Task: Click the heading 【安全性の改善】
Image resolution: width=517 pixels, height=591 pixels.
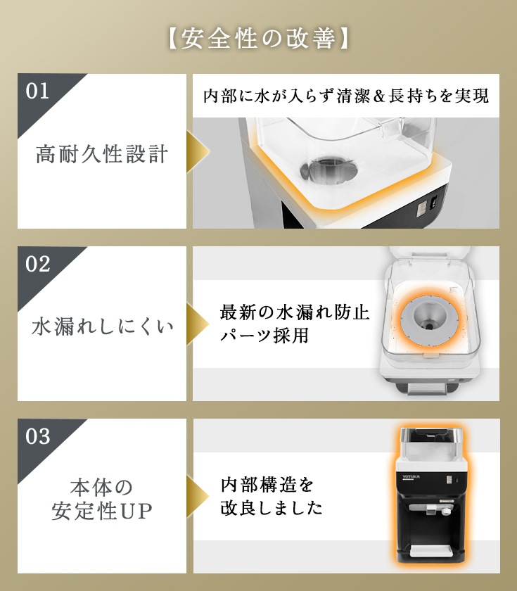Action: click(259, 38)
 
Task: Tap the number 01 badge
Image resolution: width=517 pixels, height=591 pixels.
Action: click(37, 91)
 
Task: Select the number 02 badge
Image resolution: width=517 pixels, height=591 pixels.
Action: click(38, 264)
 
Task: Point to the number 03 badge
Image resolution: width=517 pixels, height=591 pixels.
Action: click(38, 436)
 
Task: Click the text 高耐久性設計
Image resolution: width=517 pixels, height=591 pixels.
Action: click(102, 154)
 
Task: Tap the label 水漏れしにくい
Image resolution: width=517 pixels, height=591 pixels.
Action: click(103, 326)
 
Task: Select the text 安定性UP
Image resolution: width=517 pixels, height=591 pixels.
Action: click(102, 511)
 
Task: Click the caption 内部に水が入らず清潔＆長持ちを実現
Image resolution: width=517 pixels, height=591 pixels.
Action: click(346, 96)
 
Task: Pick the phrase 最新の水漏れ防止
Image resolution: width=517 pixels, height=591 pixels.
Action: click(295, 312)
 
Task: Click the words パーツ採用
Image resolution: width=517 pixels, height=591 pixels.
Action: click(264, 335)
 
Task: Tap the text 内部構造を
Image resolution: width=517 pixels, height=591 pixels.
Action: click(267, 484)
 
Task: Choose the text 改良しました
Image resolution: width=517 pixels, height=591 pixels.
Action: click(272, 508)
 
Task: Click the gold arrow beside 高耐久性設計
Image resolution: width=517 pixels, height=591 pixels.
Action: click(198, 151)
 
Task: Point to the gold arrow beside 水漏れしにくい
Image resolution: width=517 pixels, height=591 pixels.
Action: click(198, 324)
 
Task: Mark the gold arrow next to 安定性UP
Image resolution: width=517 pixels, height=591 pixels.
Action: click(198, 496)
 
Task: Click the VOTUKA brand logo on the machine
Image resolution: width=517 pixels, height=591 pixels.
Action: click(411, 477)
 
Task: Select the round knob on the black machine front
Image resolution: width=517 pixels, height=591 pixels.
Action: click(446, 511)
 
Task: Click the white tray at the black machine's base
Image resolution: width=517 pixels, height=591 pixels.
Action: click(431, 552)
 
